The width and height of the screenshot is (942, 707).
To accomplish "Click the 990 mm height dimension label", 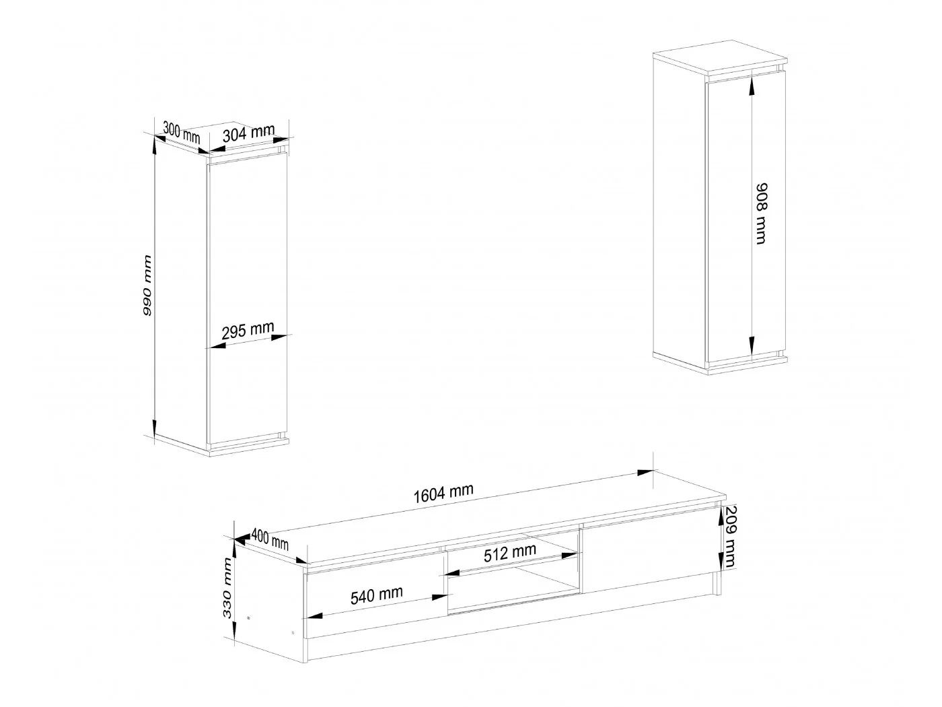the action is pos(147,285).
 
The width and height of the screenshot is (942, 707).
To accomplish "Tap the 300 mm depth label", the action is pos(181,133).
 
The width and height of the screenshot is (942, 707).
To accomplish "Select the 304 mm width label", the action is pos(248,133).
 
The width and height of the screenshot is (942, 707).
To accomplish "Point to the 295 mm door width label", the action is pos(248,330).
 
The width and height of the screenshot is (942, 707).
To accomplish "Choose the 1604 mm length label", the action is pos(443,494).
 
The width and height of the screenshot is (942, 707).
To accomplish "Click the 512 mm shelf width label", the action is pos(510,553).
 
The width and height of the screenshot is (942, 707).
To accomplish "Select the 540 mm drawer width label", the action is pos(376,595).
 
